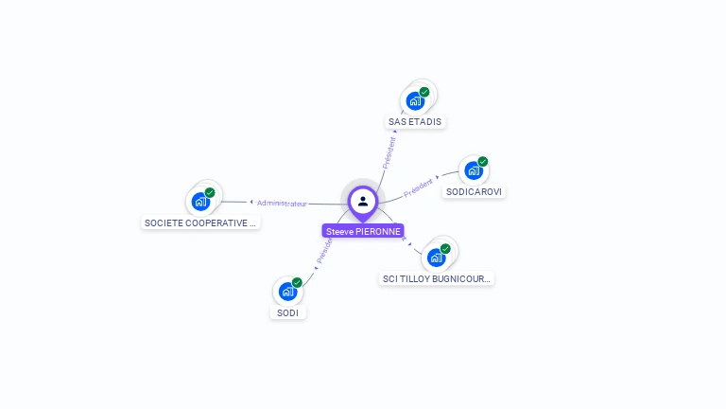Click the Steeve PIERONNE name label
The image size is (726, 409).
[363, 231]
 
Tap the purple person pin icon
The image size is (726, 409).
[363, 201]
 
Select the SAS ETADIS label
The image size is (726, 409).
[415, 121]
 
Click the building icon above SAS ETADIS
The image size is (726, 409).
[415, 100]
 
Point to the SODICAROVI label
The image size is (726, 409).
[474, 191]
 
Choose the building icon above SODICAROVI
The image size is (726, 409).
[473, 170]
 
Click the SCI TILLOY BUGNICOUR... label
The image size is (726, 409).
[437, 278]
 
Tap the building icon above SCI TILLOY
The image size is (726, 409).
[436, 257]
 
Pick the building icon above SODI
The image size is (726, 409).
[287, 292]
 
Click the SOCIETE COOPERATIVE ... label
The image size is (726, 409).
[200, 223]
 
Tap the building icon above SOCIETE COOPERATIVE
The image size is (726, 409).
[200, 201]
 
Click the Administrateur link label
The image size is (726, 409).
[282, 203]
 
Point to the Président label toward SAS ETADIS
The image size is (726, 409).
[389, 152]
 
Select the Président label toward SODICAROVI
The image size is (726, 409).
[418, 187]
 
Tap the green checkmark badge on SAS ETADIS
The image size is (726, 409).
[424, 92]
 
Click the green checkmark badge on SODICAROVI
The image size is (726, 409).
[482, 162]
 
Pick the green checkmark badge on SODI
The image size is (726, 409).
[297, 283]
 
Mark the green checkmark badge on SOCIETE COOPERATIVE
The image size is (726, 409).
[210, 192]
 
